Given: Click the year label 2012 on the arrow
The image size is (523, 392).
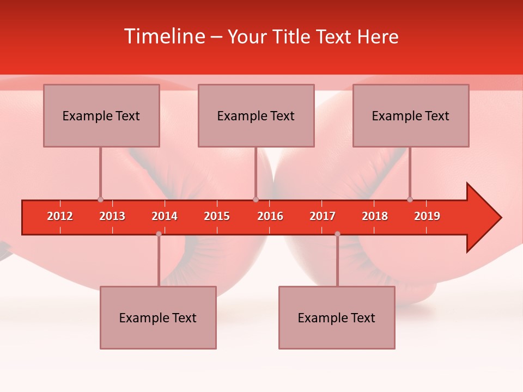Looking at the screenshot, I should (60, 216).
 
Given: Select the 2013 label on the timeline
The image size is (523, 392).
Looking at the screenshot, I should (112, 216).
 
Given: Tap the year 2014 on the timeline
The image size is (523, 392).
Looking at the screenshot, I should (165, 216).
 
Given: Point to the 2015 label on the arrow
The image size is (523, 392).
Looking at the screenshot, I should (217, 216).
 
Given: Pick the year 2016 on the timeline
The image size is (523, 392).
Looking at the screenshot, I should (270, 216).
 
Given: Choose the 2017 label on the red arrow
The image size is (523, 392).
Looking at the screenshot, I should (323, 216).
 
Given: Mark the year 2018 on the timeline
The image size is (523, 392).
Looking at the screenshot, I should (375, 216).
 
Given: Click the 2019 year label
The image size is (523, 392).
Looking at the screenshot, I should (427, 216).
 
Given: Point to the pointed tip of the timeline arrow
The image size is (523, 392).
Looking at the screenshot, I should (500, 218).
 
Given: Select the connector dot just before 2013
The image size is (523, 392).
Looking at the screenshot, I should (100, 200).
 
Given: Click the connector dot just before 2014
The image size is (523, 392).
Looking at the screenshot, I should (159, 234).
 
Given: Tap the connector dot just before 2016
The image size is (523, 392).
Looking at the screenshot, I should (256, 200).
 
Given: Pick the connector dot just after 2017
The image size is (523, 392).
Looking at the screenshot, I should (337, 234).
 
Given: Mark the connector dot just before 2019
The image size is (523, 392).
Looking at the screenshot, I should (410, 200).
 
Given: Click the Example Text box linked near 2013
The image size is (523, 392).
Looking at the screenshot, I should (101, 115).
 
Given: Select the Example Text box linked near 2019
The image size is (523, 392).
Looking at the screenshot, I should (411, 115).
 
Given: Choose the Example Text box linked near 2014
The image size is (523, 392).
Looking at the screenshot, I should (158, 317).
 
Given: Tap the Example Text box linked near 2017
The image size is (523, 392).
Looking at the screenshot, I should (337, 317).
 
